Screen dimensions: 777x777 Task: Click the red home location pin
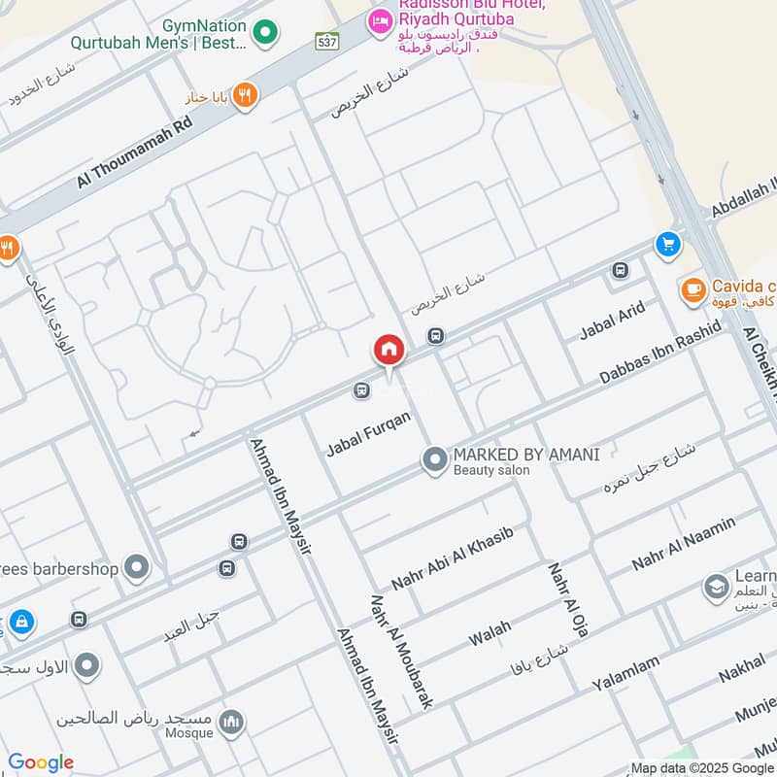[x=388, y=350]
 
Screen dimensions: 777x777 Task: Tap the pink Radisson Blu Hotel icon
[x=380, y=20]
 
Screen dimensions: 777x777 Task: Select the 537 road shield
[x=326, y=42]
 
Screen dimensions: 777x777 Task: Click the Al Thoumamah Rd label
[x=135, y=152]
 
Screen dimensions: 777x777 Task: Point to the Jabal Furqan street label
[x=368, y=434]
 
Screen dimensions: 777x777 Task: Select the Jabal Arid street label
[x=612, y=321]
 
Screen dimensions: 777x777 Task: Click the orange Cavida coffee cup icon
[x=693, y=289]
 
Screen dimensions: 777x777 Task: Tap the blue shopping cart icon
[x=667, y=244]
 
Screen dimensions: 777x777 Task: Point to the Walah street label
[x=490, y=637]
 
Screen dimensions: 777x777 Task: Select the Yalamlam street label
[x=625, y=673]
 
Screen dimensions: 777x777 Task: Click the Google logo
[x=41, y=762]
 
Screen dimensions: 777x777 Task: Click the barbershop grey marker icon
[x=137, y=566]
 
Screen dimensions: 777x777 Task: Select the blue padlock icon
[x=18, y=621]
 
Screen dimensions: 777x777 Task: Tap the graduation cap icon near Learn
[x=716, y=588]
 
